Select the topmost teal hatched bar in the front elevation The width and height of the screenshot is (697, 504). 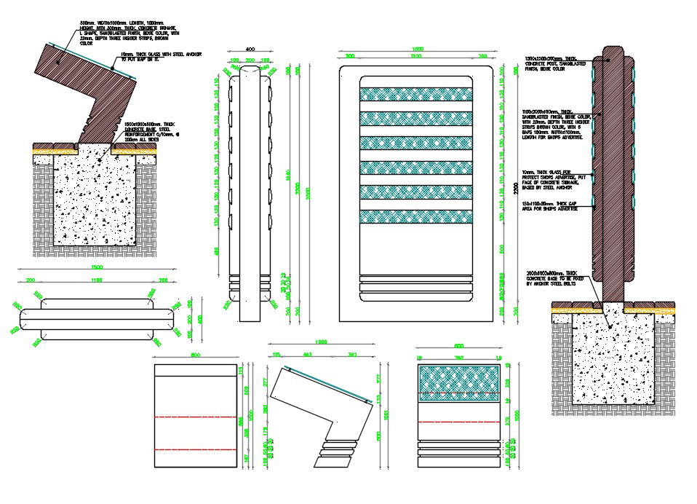click(x=416, y=94)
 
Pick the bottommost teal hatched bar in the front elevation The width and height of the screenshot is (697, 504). click(x=416, y=217)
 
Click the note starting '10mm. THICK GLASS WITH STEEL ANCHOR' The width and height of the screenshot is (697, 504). click(x=159, y=56)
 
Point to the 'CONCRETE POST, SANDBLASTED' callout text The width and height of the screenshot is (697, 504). click(x=552, y=63)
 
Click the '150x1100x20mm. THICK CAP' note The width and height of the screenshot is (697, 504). click(x=551, y=205)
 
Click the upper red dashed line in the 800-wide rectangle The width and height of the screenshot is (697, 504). click(x=197, y=418)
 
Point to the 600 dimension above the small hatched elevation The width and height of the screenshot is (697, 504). click(x=459, y=347)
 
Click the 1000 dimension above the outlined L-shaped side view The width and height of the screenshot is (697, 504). click(x=321, y=342)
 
